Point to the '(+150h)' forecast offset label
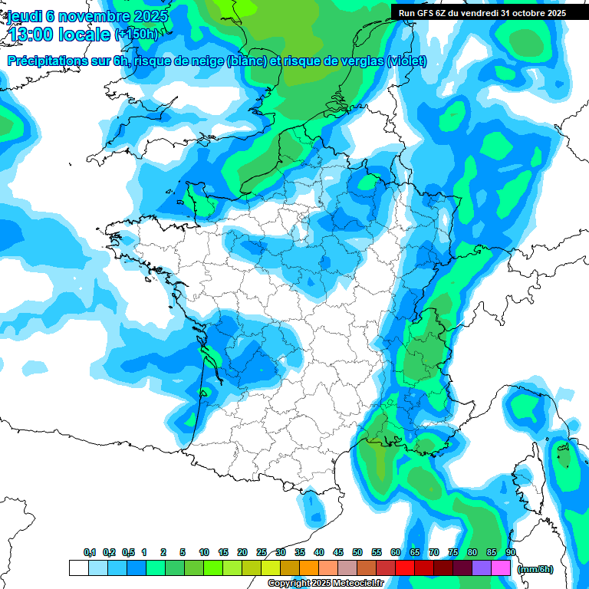click(136, 35)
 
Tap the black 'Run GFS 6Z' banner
click(482, 12)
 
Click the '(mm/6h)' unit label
click(535, 569)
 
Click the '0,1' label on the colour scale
click(89, 553)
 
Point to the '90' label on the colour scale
click(511, 553)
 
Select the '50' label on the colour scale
click(357, 553)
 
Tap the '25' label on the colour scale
click(262, 553)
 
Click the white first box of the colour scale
click(79, 568)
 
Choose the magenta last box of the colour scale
click(501, 568)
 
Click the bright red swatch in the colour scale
click(405, 568)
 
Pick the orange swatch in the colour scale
click(309, 568)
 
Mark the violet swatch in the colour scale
click(482, 568)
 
